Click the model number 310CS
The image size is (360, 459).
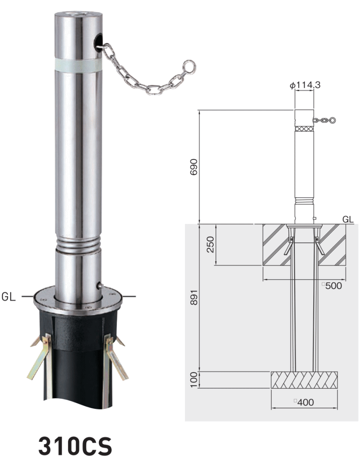pos(75,445)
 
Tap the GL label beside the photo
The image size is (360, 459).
pos(9,297)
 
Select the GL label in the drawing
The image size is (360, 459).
pos(348,219)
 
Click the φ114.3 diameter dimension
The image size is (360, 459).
pos(305,85)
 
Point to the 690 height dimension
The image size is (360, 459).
pos(194,167)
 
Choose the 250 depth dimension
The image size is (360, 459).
pos(210,245)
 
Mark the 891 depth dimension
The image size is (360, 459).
pos(194,298)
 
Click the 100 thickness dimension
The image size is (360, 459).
pos(194,380)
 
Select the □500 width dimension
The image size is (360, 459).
pos(332,286)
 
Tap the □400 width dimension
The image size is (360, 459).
pos(304,403)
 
